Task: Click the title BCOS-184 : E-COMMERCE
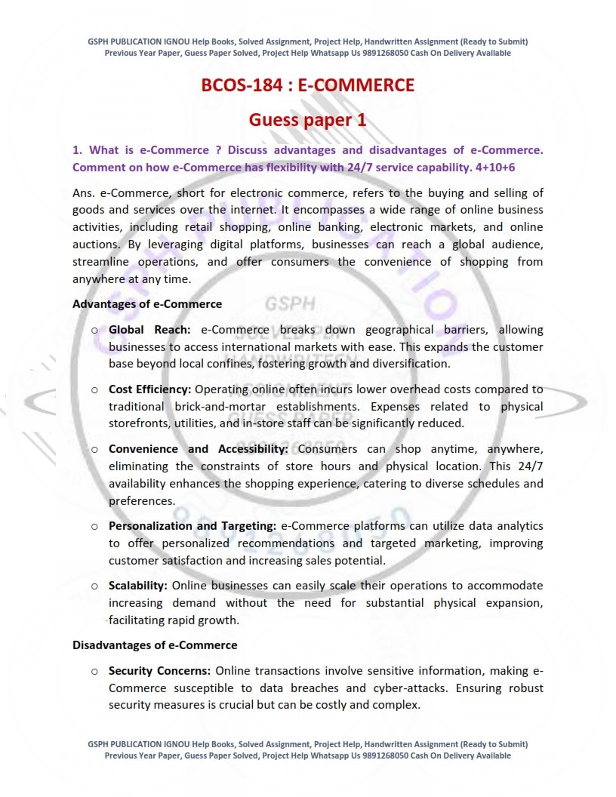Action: click(308, 85)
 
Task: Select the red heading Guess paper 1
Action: click(308, 119)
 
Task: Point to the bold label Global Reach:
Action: click(149, 330)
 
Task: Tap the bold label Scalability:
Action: click(138, 586)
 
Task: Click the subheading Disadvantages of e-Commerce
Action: click(155, 645)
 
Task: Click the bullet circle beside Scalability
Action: click(94, 586)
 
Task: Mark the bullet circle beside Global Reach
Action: click(94, 331)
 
